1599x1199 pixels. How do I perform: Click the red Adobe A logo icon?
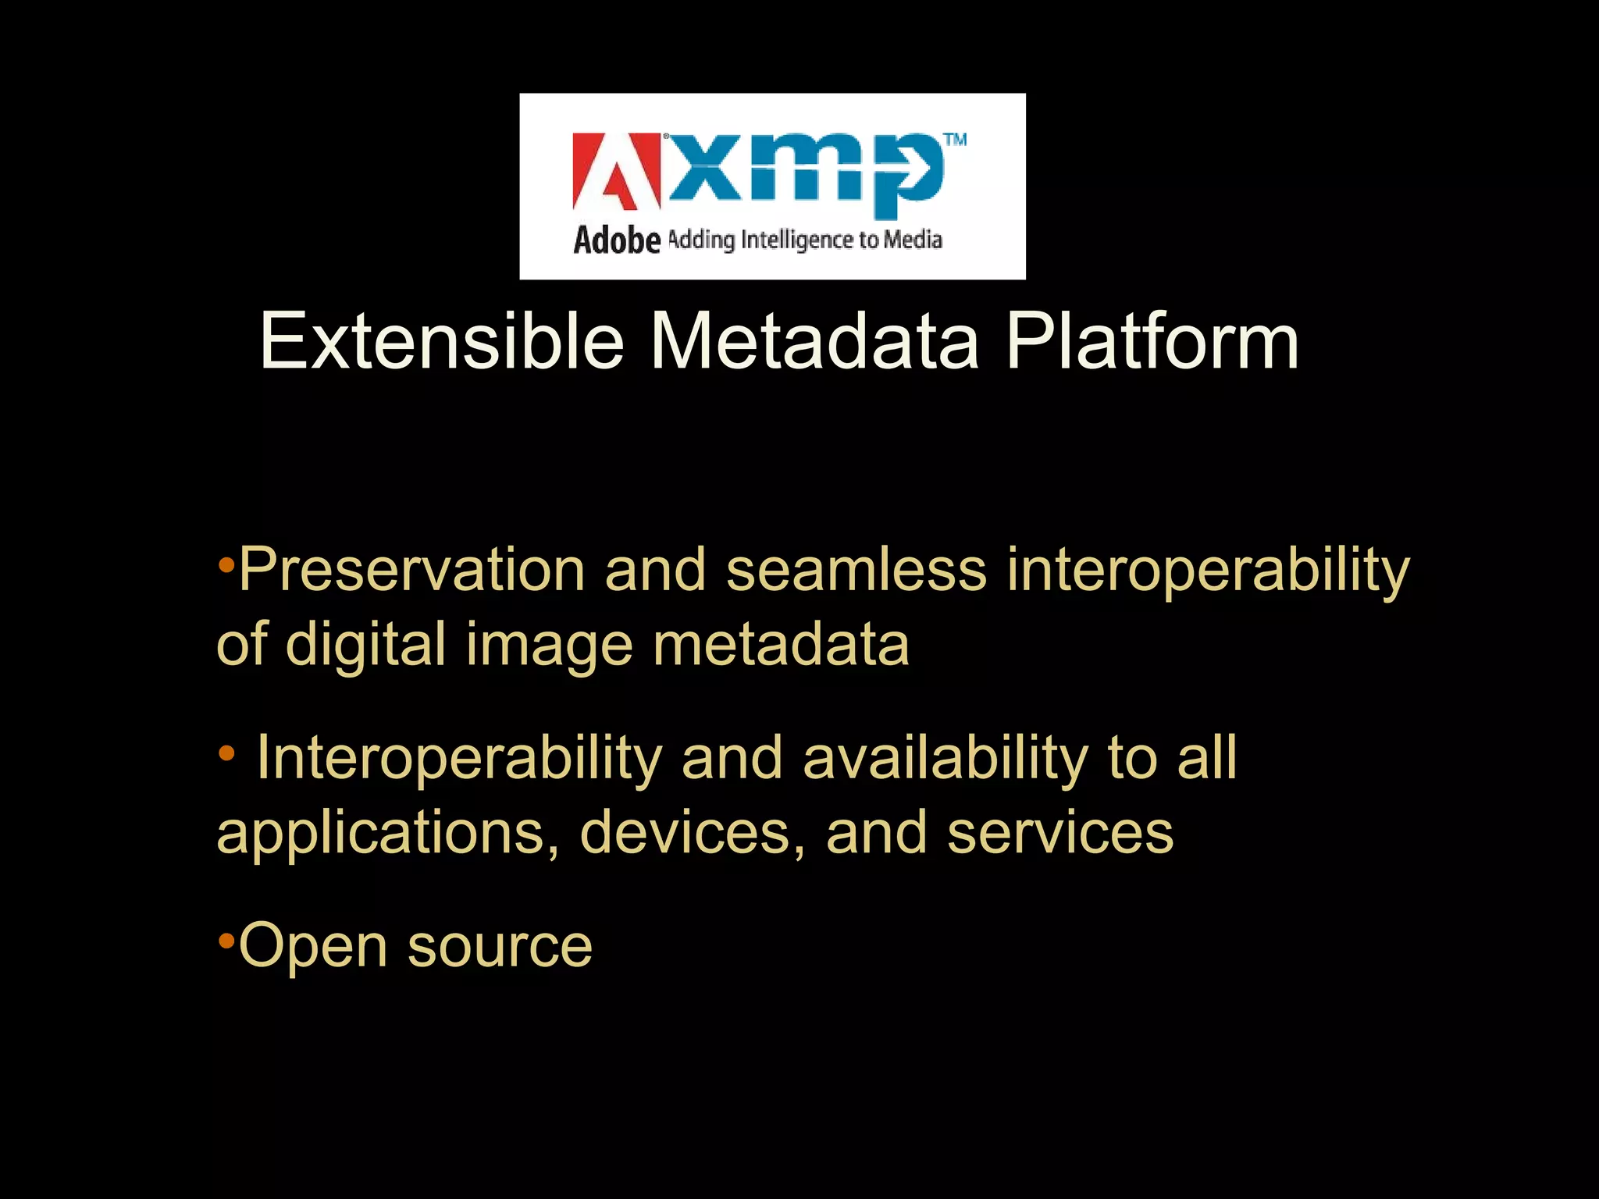[x=616, y=172]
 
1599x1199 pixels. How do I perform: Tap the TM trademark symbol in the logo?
[x=955, y=141]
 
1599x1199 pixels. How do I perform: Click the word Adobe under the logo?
[x=617, y=240]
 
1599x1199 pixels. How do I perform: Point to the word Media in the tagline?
[x=913, y=239]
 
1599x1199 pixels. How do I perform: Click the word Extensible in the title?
[x=441, y=342]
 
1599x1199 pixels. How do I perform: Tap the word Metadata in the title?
[x=814, y=342]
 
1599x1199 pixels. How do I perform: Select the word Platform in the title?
[x=1152, y=342]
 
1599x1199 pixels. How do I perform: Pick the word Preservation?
[x=411, y=570]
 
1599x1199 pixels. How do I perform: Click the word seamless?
[x=856, y=570]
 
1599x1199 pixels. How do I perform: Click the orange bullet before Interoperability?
[x=226, y=753]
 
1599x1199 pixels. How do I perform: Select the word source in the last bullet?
[x=500, y=946]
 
